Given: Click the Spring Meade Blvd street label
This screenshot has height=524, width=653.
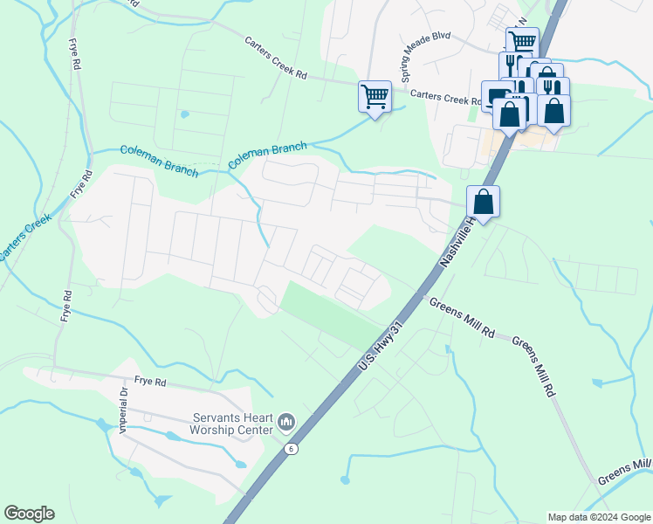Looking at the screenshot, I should point(425,60).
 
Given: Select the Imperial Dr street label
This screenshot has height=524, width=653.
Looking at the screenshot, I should point(124,410).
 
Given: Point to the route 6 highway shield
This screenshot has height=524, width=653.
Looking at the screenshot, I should point(292,449).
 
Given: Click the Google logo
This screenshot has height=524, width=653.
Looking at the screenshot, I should point(29,514).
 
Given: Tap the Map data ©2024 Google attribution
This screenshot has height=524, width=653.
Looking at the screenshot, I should point(598,517).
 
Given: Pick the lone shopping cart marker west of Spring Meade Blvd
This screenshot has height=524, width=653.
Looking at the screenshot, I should point(375,96).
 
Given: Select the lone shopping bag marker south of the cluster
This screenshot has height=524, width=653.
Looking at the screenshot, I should point(483,202).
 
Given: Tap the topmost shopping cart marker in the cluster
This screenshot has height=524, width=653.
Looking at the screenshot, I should point(522,41).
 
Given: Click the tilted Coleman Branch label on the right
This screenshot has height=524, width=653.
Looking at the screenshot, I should point(267,155).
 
